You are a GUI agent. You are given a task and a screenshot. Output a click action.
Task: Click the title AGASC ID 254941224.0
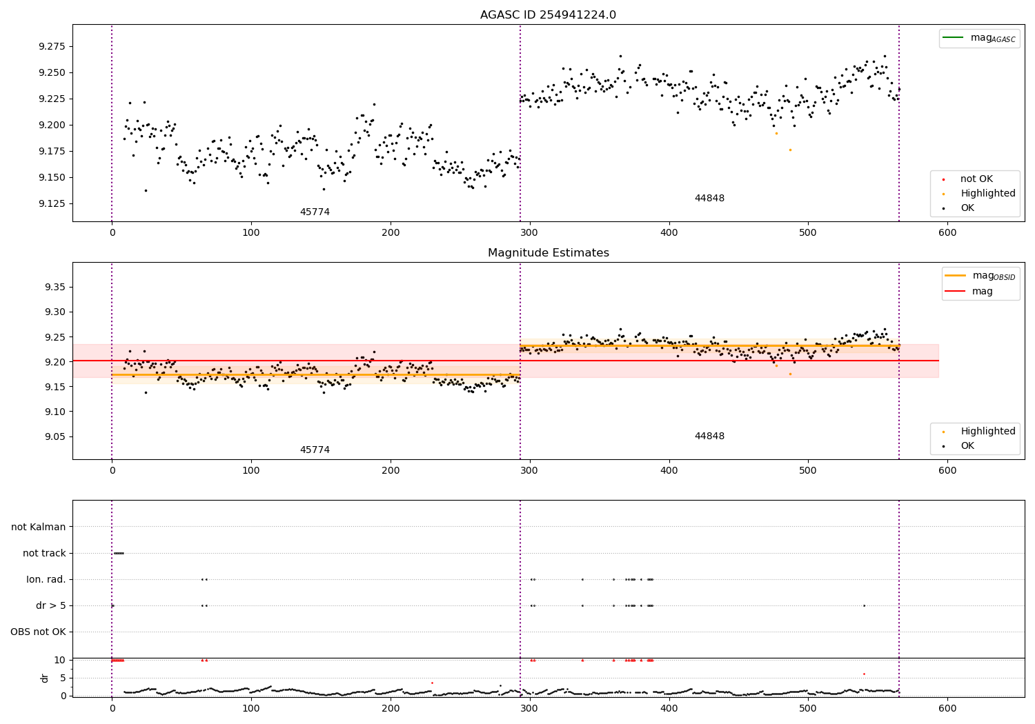[x=548, y=15]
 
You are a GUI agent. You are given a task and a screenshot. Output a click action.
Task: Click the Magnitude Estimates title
[x=548, y=253]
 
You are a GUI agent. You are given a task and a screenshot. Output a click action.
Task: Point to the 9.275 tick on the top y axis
[x=52, y=46]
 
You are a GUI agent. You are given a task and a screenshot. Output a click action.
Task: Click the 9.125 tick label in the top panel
[x=52, y=204]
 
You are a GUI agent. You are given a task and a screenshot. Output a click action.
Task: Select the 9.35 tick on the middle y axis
[x=55, y=287]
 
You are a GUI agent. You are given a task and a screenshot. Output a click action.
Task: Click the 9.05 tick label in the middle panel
[x=55, y=436]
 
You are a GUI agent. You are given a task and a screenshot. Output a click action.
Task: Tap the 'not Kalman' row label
[x=39, y=527]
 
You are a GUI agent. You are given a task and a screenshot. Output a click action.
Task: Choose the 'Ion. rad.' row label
[x=46, y=579]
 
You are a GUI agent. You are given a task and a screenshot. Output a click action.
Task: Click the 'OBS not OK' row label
[x=38, y=632]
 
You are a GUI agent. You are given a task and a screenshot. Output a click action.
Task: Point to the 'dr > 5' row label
[x=51, y=605]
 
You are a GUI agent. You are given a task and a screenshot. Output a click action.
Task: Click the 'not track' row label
[x=44, y=553]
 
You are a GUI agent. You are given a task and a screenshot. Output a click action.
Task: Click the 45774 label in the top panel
[x=315, y=212]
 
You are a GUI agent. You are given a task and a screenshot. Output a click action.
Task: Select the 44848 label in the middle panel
[x=709, y=436]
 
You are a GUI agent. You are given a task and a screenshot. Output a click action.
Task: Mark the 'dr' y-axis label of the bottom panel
[x=45, y=678]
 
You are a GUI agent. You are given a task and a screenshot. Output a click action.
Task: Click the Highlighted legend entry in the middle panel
[x=987, y=432]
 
